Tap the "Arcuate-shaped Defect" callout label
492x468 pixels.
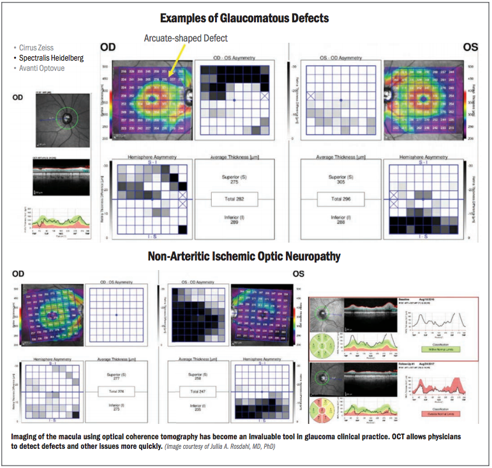click(x=186, y=39)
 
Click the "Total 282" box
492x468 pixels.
click(x=235, y=199)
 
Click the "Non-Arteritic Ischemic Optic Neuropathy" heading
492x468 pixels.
click(x=246, y=257)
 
